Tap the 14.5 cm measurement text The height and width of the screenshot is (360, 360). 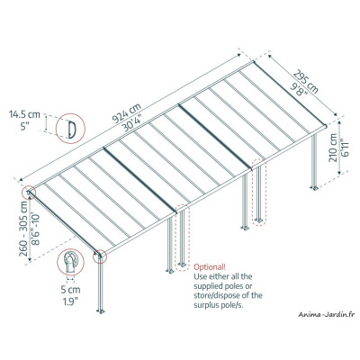pos(27,115)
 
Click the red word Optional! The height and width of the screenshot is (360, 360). pos(211,268)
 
